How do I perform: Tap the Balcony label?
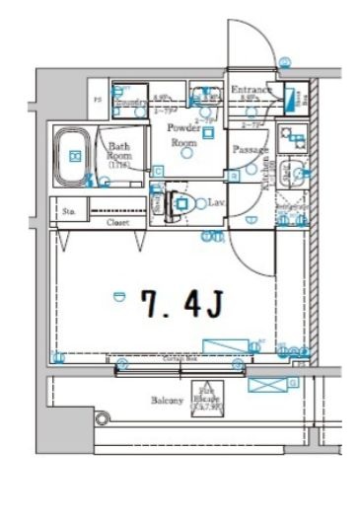point(166,402)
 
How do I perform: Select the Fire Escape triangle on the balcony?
point(209,398)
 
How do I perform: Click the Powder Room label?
point(182,135)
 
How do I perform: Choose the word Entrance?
point(251,90)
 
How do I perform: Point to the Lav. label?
point(214,202)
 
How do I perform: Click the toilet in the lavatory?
point(183,204)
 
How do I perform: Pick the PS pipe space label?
point(97,100)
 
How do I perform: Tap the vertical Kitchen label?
point(264,178)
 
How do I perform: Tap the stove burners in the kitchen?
point(292,138)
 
